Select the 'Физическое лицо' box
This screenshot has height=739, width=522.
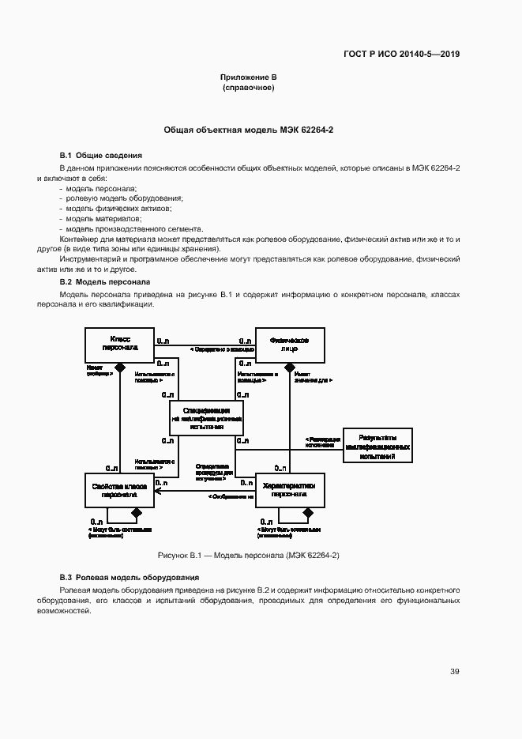click(289, 344)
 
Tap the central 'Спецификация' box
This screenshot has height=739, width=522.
click(206, 417)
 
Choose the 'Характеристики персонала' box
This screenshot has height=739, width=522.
click(289, 490)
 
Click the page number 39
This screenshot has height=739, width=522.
click(455, 671)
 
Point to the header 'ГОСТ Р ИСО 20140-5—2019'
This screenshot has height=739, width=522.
click(401, 55)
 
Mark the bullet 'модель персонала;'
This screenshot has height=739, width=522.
click(101, 188)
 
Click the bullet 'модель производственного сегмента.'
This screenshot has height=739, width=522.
click(135, 228)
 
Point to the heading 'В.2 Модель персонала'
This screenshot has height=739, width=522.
click(104, 281)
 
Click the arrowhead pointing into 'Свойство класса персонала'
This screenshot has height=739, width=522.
click(158, 491)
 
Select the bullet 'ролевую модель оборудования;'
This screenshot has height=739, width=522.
click(124, 198)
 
